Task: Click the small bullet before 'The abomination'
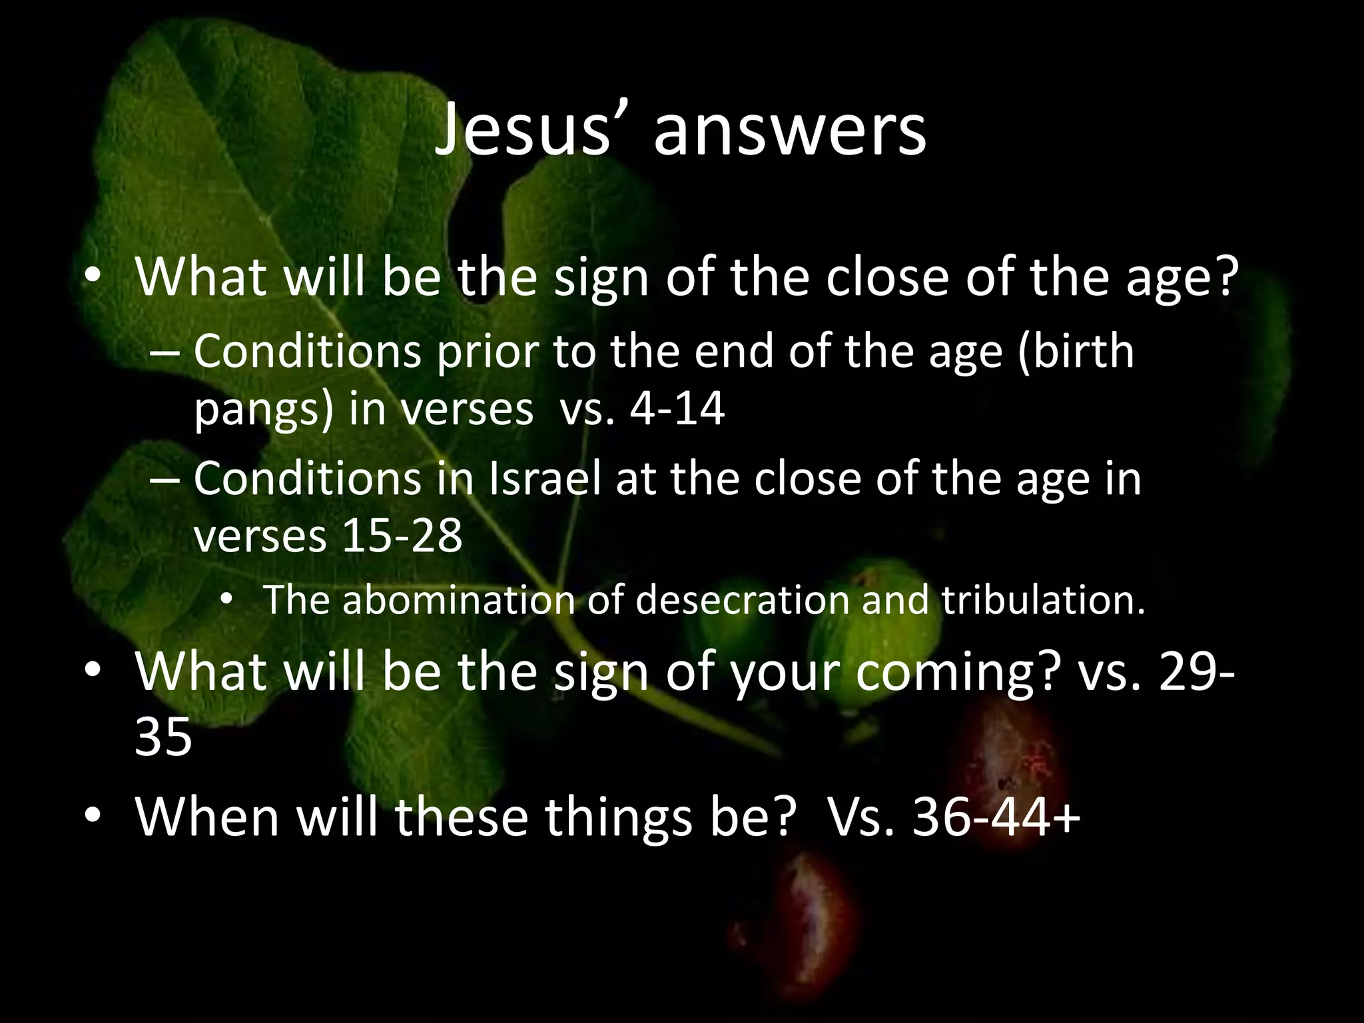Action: click(226, 600)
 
